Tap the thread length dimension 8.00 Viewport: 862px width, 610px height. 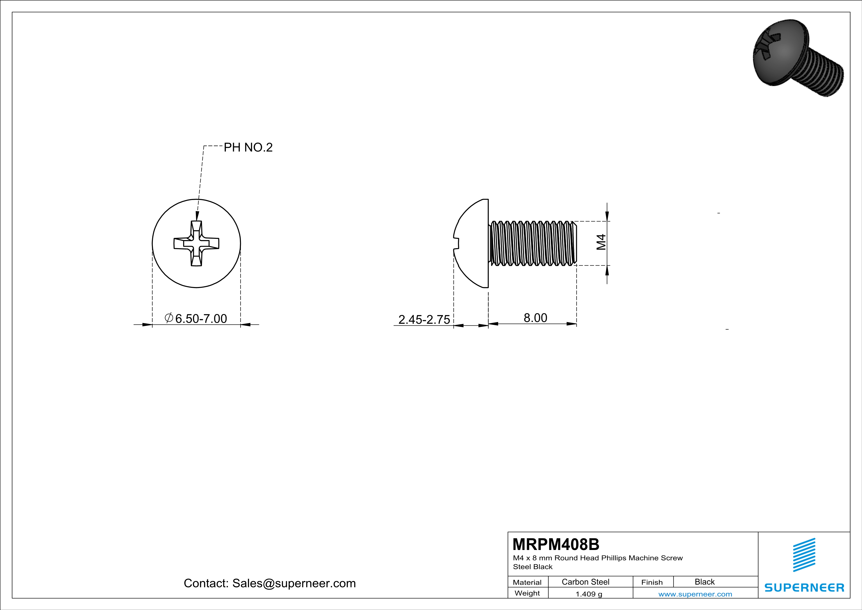point(535,318)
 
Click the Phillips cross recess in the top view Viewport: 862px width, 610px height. point(196,244)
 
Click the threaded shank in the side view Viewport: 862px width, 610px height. point(533,244)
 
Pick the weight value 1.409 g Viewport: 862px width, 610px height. point(589,594)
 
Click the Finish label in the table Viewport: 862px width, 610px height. point(652,582)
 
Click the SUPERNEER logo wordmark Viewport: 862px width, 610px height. point(804,587)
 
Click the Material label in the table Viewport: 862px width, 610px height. point(527,582)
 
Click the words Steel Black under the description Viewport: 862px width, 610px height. point(532,567)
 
